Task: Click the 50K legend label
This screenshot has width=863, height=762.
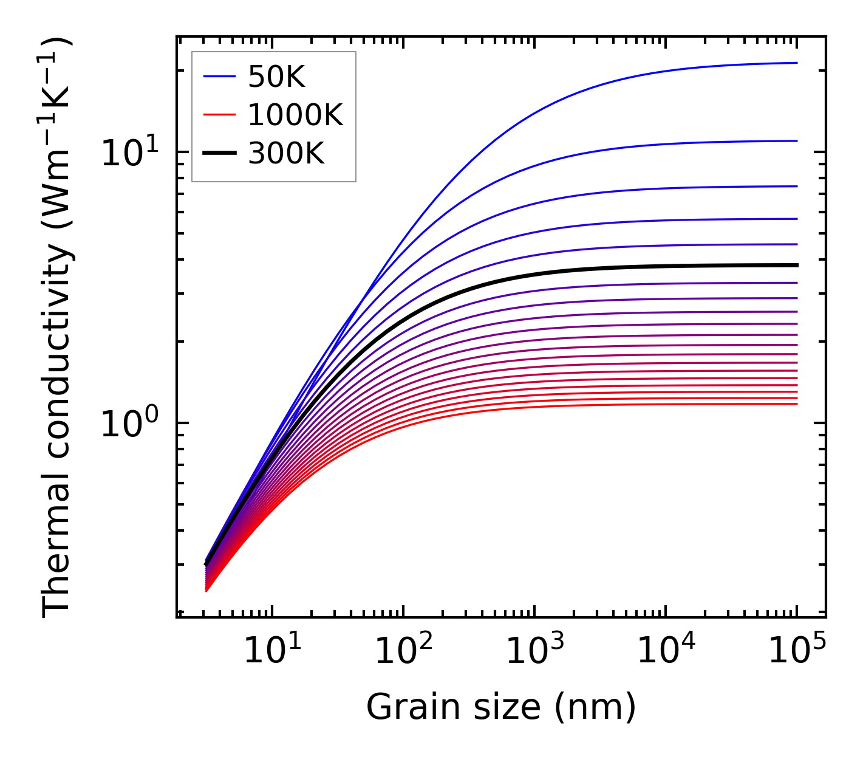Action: (276, 77)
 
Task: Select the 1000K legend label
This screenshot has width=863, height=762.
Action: (295, 115)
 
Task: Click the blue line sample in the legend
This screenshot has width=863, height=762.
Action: (219, 77)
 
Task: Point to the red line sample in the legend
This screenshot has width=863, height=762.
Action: (219, 115)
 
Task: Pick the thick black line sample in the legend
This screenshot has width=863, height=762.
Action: (219, 154)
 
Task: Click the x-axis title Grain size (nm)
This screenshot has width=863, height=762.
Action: (501, 707)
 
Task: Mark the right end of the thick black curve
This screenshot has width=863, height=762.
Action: (796, 265)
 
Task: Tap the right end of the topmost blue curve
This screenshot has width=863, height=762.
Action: (796, 63)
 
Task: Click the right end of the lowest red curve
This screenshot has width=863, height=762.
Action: (796, 404)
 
